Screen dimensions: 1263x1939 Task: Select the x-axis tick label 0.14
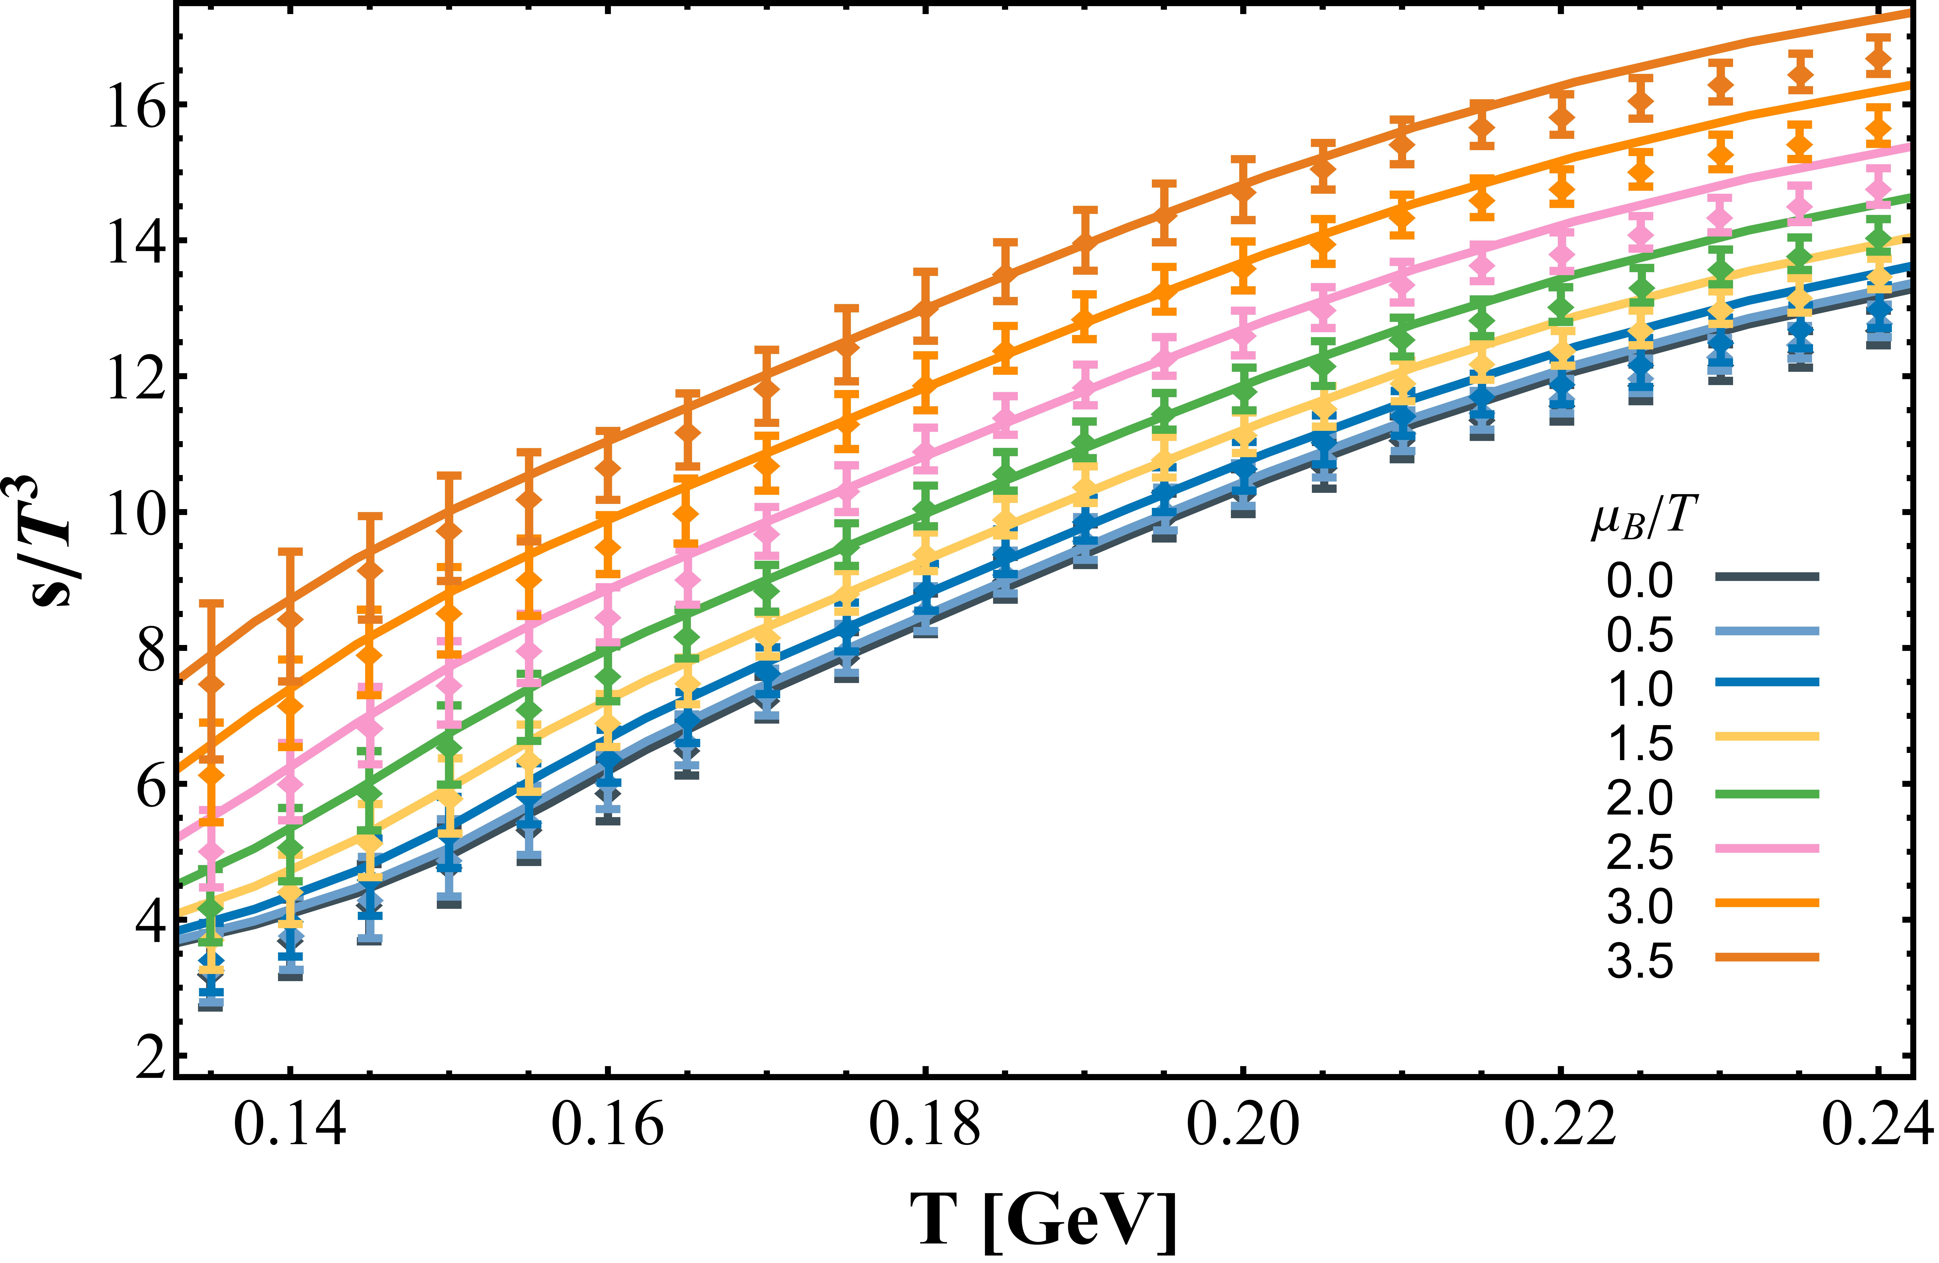(290, 1125)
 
